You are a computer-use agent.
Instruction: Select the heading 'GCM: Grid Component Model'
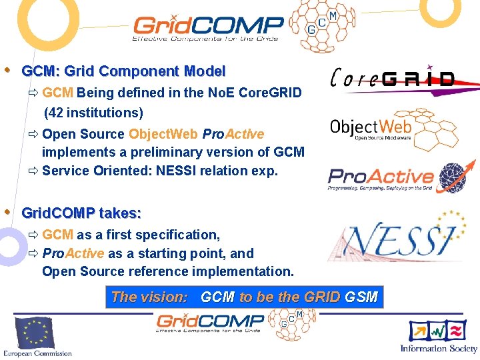(x=123, y=71)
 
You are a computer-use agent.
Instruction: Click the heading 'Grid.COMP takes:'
(x=81, y=213)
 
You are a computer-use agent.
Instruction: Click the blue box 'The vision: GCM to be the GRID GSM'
(x=244, y=297)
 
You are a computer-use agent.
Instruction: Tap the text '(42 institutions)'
(x=93, y=113)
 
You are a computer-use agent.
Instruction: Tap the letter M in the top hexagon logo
(x=333, y=15)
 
